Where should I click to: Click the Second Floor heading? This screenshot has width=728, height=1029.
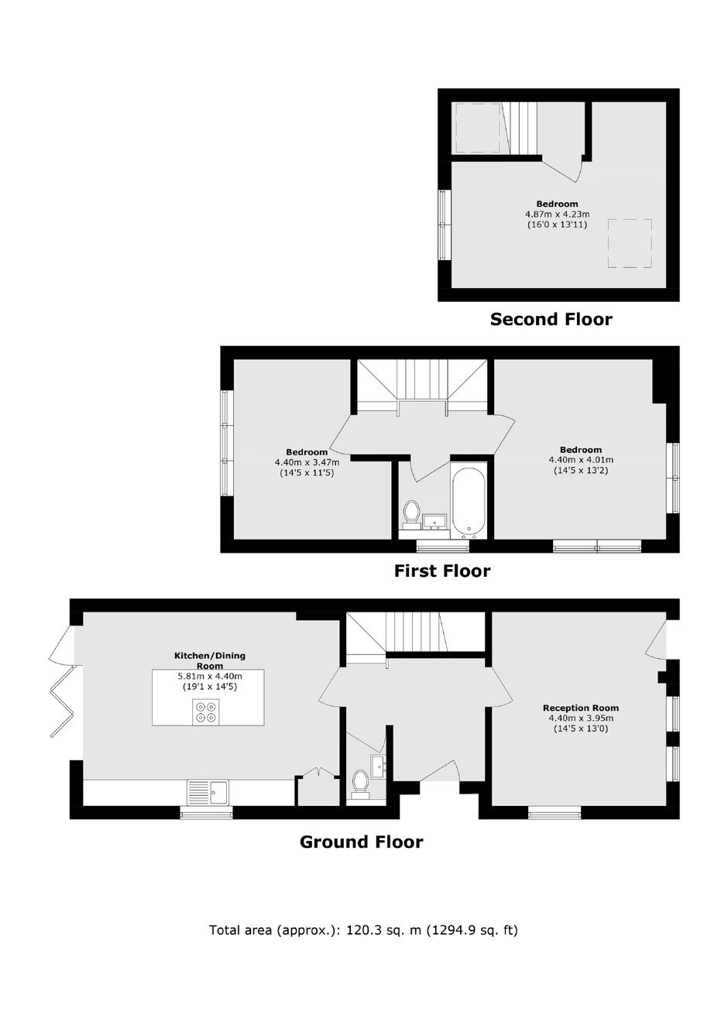pyautogui.click(x=551, y=319)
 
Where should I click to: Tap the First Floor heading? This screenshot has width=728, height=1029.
pyautogui.click(x=442, y=571)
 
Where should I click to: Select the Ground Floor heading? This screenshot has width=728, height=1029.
pyautogui.click(x=361, y=842)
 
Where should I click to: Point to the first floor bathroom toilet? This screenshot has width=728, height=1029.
pyautogui.click(x=411, y=514)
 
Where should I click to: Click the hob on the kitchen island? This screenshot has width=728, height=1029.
pyautogui.click(x=206, y=712)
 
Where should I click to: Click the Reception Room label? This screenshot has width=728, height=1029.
pyautogui.click(x=581, y=708)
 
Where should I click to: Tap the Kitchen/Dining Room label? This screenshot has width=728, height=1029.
pyautogui.click(x=210, y=660)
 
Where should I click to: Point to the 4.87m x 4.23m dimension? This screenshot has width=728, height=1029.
pyautogui.click(x=557, y=214)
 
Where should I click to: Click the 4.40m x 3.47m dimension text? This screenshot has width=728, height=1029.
pyautogui.click(x=307, y=462)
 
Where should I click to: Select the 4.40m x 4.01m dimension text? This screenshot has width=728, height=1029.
pyautogui.click(x=581, y=460)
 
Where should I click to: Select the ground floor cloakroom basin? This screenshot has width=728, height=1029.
pyautogui.click(x=378, y=767)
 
